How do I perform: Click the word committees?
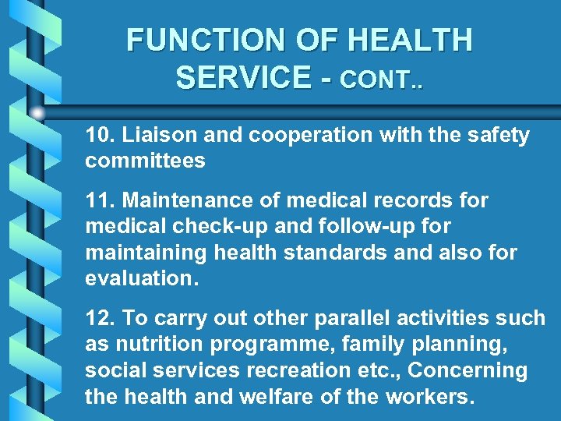(x=146, y=161)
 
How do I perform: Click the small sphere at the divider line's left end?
(x=37, y=112)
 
